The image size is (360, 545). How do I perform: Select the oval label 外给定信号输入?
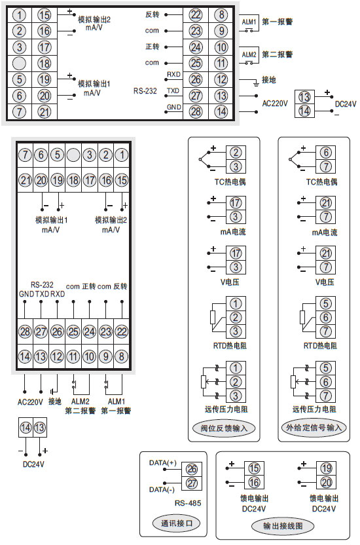click(x=314, y=428)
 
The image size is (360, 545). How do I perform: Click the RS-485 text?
click(x=187, y=503)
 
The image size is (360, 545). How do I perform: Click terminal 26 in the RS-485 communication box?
click(x=192, y=469)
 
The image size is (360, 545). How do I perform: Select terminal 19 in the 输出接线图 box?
click(x=325, y=468)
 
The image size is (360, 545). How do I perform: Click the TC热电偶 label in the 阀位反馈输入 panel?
click(x=223, y=181)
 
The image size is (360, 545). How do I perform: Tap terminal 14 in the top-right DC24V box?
click(x=304, y=111)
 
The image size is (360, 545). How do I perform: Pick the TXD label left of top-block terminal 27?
click(x=173, y=90)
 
